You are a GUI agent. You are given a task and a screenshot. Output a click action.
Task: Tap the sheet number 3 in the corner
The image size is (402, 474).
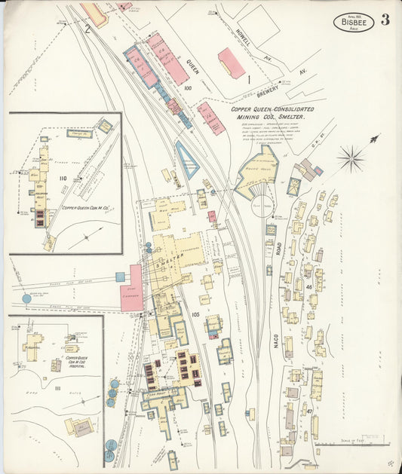click(x=385, y=20)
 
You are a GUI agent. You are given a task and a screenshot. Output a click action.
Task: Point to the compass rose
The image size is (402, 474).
click(x=351, y=159)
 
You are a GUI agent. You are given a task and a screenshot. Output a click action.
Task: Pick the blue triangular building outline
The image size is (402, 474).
click(x=186, y=160)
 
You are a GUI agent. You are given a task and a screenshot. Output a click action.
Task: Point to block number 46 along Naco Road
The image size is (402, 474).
click(x=308, y=287)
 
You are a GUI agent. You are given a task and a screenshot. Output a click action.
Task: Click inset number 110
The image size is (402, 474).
click(x=63, y=179)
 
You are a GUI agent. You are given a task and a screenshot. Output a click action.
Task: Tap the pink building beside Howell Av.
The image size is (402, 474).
click(x=231, y=63)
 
